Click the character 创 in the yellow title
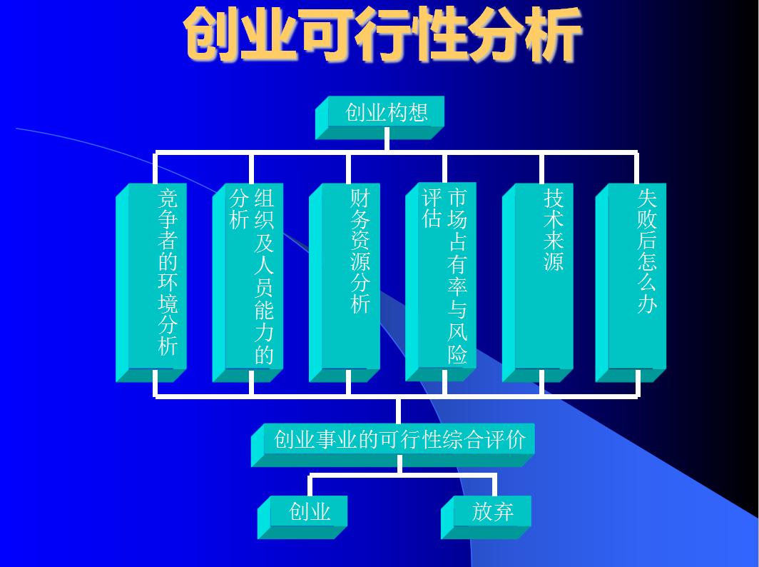(212, 34)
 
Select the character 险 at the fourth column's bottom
(457, 353)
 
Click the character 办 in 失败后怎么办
(646, 303)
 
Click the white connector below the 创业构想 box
(386, 144)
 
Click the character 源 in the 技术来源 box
(554, 261)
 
